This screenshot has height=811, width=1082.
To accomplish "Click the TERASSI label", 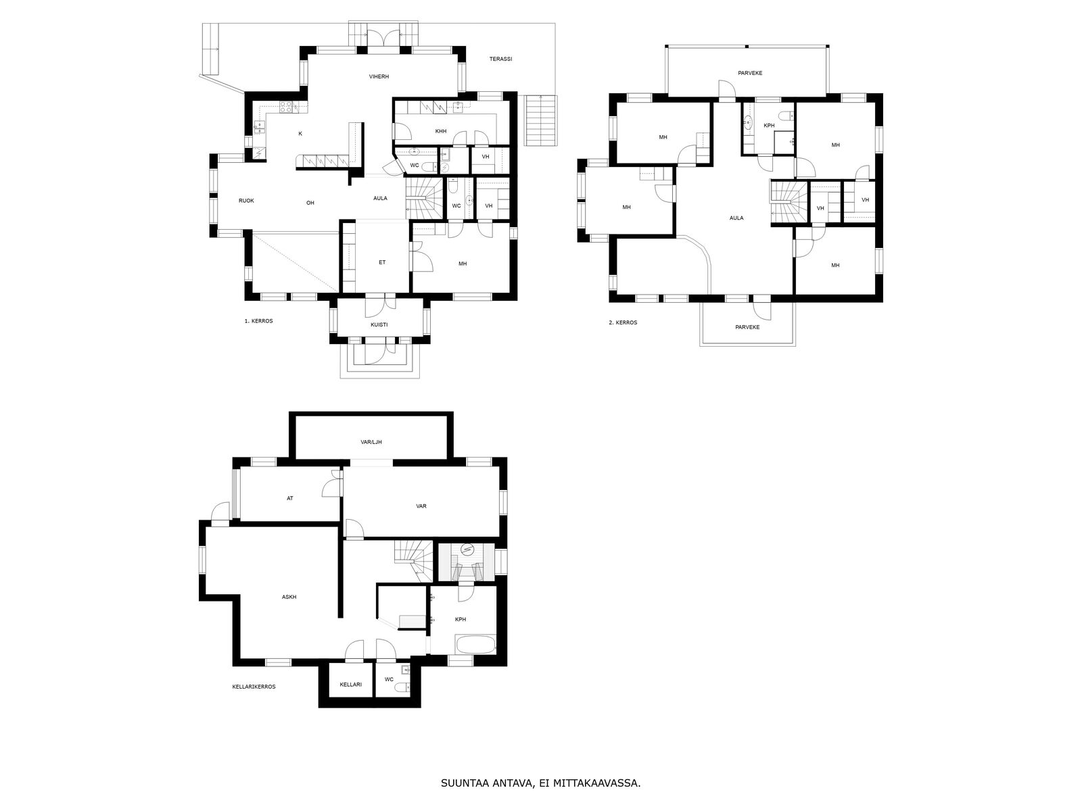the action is [x=500, y=59].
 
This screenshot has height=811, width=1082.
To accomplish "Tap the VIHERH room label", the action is [x=379, y=77].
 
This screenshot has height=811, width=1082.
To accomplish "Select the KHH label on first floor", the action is [x=441, y=132].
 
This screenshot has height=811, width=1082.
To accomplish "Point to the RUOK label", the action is [x=246, y=201].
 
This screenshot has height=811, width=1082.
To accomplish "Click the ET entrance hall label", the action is [x=382, y=262].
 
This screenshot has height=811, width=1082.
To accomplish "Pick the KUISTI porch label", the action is [x=379, y=325].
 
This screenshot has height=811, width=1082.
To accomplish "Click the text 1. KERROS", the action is [x=259, y=321].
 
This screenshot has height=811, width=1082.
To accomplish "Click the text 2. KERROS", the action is [x=623, y=322].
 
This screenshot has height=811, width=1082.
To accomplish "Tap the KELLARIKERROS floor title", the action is [x=254, y=687].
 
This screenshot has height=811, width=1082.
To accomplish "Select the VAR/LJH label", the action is [x=371, y=442].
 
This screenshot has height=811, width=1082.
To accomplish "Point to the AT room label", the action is [x=290, y=498].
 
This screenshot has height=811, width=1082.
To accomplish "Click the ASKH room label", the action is [x=289, y=597].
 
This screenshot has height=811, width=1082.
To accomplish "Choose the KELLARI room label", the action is [x=351, y=685].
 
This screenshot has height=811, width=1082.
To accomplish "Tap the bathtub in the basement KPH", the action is [x=475, y=645].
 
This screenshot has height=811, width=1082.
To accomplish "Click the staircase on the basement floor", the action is [x=413, y=561].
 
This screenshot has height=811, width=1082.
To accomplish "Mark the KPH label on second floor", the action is [x=769, y=126].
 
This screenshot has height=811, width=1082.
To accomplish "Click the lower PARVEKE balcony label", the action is [x=747, y=327].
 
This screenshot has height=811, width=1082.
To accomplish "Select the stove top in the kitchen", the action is [x=285, y=107].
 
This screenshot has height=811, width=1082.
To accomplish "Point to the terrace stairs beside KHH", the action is [x=541, y=121].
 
